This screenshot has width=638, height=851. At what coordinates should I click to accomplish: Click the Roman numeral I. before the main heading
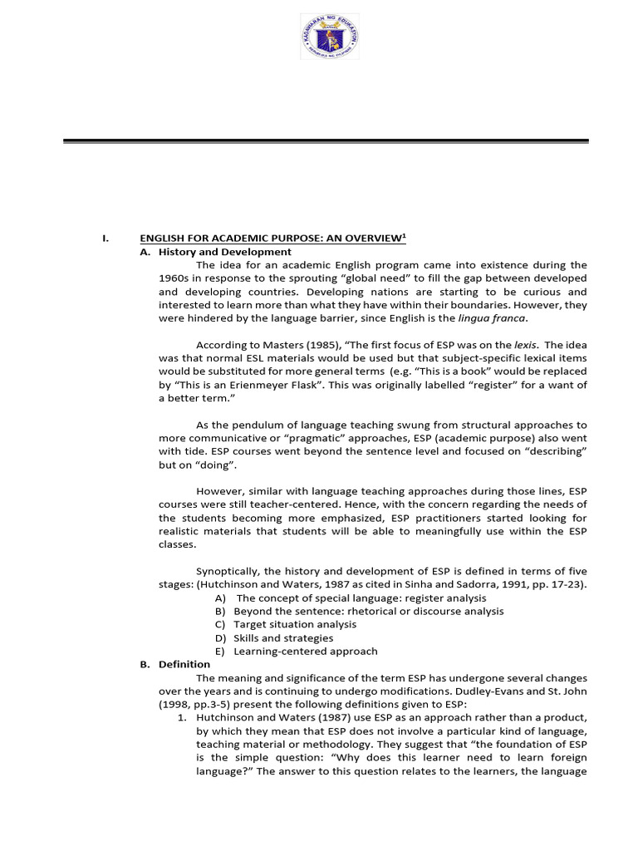click(x=105, y=239)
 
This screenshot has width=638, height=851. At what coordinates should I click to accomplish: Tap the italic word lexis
click(x=523, y=345)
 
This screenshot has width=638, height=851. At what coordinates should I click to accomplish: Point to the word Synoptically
click(x=229, y=571)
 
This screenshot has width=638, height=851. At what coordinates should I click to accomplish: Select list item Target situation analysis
click(x=295, y=624)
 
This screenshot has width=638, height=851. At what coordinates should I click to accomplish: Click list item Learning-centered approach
click(x=305, y=651)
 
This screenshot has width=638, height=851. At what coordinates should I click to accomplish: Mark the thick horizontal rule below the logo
click(x=326, y=142)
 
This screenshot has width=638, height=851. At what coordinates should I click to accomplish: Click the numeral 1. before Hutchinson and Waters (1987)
click(x=182, y=718)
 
